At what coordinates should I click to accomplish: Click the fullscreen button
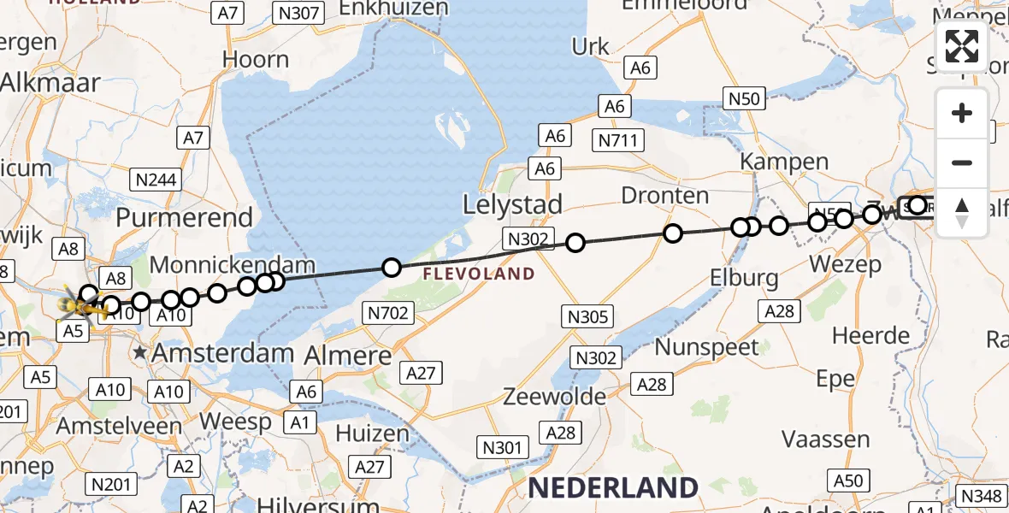pos(962,46)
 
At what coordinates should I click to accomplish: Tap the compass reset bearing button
pos(962,213)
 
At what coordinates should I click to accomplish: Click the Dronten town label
pos(664,196)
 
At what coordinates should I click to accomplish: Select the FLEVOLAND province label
pos(479,274)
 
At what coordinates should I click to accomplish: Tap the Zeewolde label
pos(555,397)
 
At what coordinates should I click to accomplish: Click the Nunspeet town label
pos(706,347)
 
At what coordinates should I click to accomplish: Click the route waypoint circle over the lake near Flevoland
pos(391,268)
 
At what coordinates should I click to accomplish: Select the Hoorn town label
pos(255,60)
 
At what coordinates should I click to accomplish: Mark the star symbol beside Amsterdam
pos(139,352)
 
